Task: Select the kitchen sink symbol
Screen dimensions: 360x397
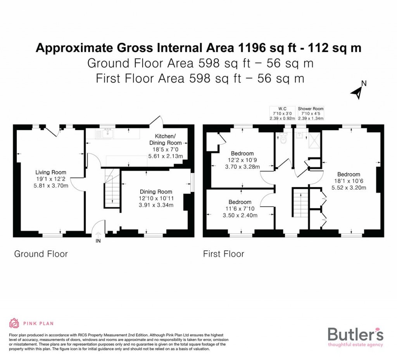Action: click(x=107, y=134)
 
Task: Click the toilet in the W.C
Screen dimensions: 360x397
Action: click(x=283, y=138)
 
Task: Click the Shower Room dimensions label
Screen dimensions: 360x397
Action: click(x=311, y=113)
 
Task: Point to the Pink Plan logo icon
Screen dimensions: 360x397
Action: click(x=14, y=323)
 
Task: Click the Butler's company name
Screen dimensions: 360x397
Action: click(x=356, y=334)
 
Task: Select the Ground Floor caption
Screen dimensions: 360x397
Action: click(x=41, y=254)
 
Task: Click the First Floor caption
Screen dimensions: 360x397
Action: click(x=224, y=254)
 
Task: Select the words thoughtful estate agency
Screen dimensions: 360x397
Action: click(x=355, y=344)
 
